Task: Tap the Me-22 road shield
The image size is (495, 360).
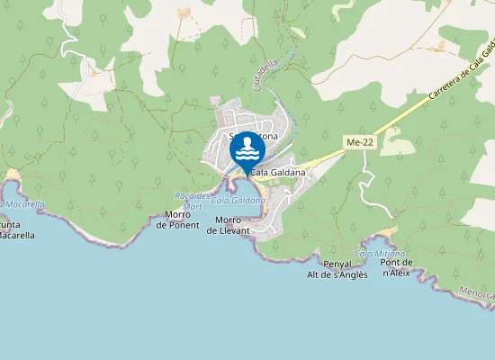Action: (357, 142)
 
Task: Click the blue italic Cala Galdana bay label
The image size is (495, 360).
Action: (230, 199)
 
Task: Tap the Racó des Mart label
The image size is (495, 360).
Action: (192, 200)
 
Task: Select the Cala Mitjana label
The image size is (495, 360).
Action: (380, 254)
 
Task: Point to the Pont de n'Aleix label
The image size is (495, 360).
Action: (396, 267)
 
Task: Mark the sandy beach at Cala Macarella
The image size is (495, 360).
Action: (13, 174)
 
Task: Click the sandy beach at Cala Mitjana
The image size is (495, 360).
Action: (387, 234)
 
